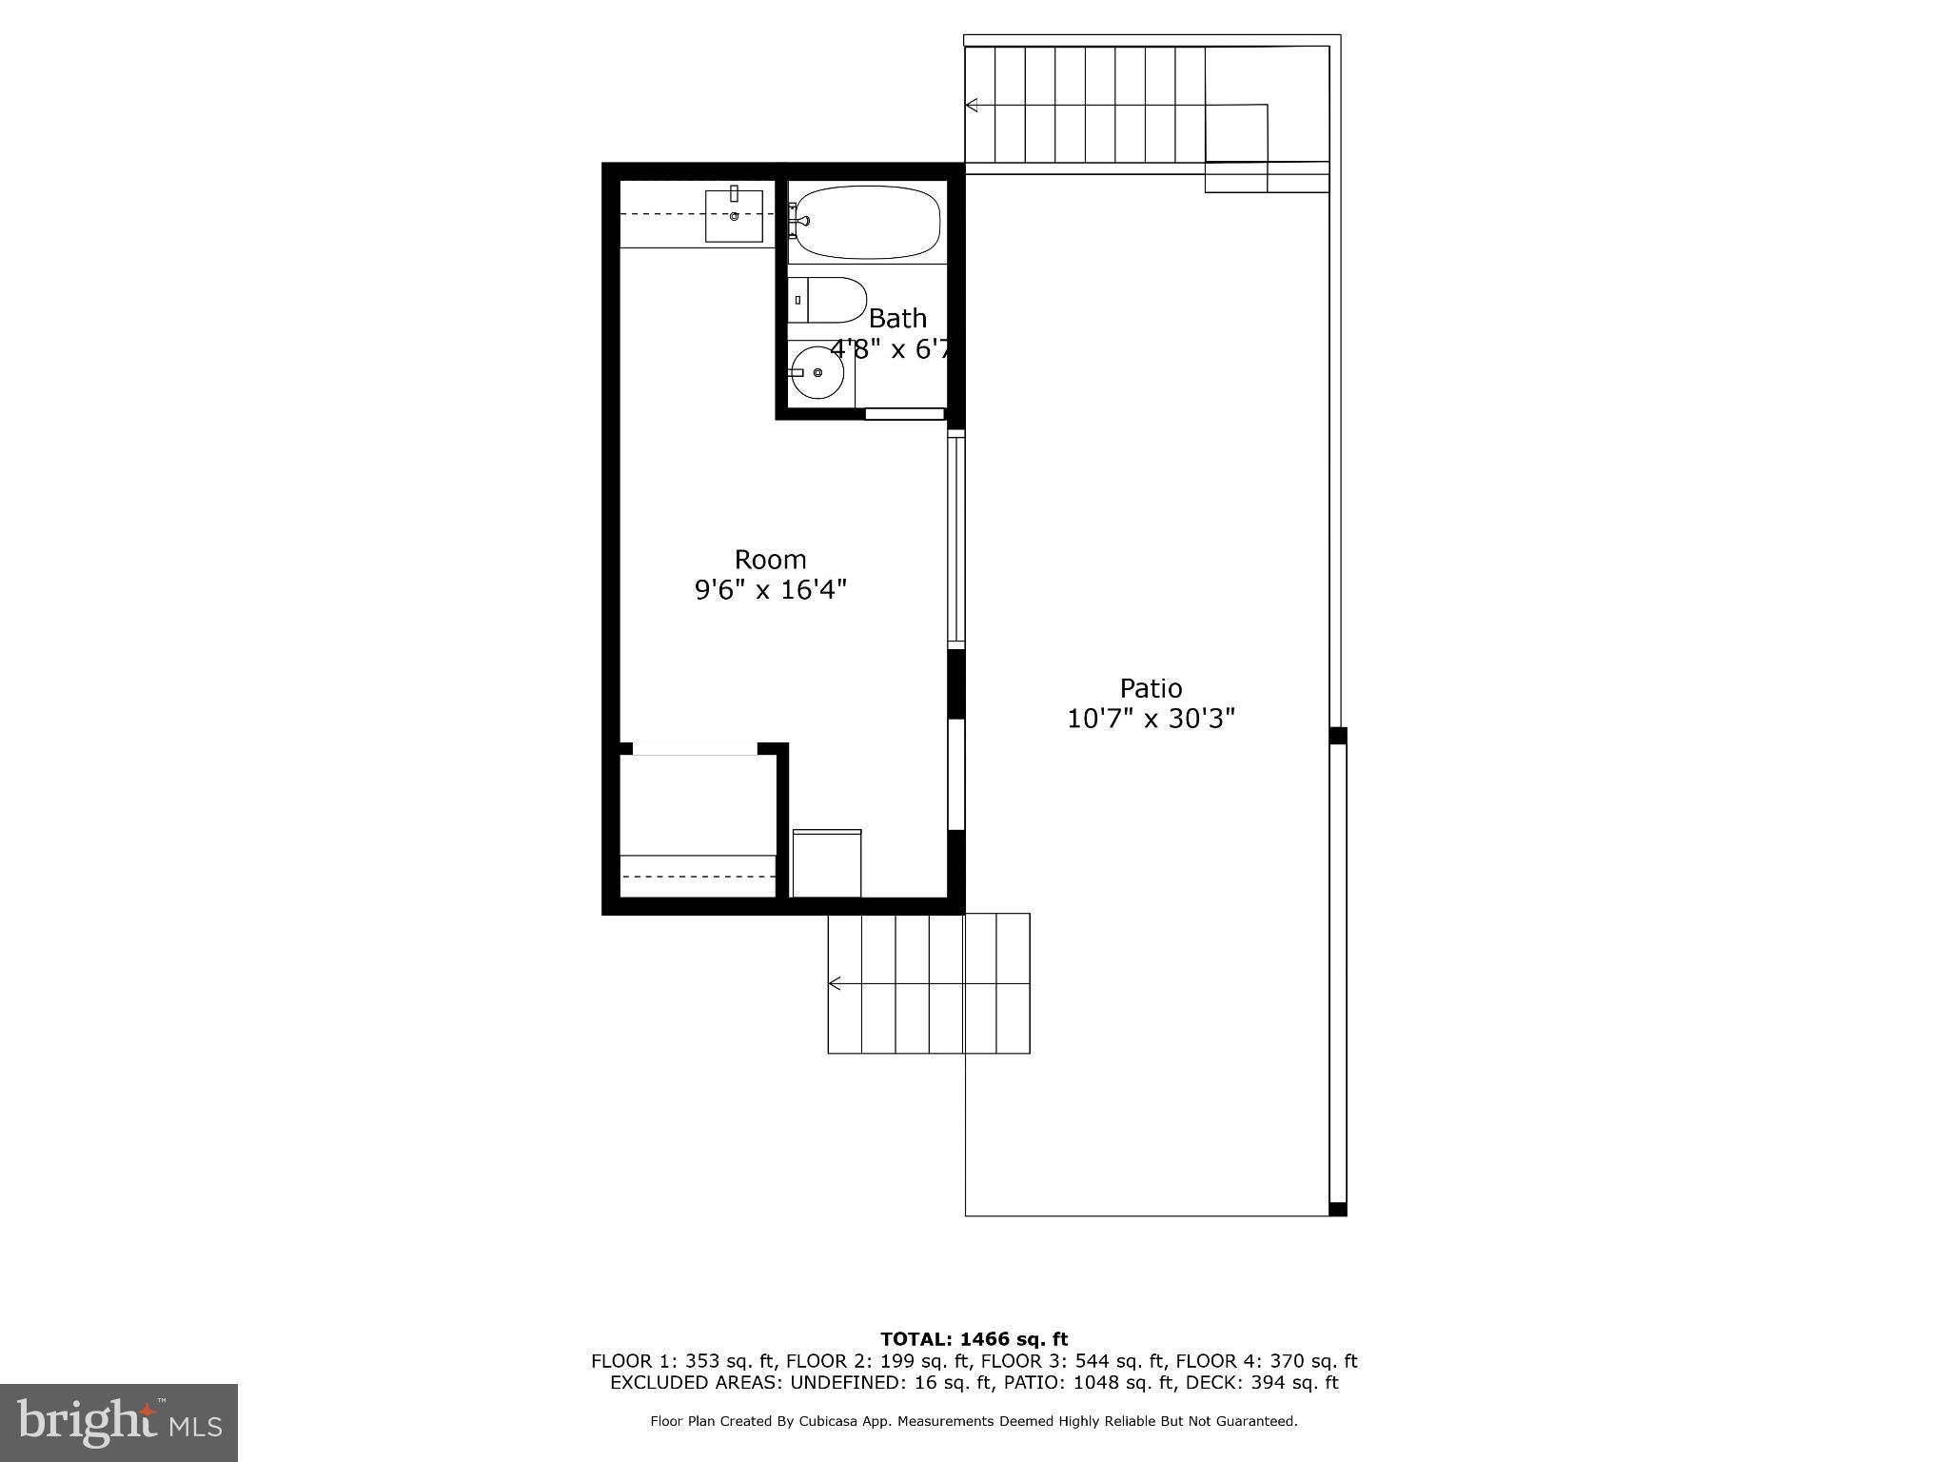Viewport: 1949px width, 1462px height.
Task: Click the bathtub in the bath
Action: click(867, 222)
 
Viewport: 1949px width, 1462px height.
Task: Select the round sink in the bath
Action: click(817, 372)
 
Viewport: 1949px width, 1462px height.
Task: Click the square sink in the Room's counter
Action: click(734, 216)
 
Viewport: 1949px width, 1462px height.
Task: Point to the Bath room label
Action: click(897, 318)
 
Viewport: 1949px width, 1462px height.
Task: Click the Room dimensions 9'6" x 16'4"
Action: click(770, 590)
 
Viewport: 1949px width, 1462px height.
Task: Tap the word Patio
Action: click(1151, 688)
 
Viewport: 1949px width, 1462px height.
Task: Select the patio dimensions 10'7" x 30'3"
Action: click(1151, 719)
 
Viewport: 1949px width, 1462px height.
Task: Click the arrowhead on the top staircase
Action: click(972, 105)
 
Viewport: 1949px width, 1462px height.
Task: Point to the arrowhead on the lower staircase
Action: click(835, 983)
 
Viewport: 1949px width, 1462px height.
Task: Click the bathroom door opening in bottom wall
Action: click(904, 414)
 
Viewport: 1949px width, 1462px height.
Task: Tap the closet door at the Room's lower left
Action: click(694, 749)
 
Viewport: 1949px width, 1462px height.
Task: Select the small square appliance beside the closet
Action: click(826, 863)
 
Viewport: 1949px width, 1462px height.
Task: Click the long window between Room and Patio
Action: click(956, 539)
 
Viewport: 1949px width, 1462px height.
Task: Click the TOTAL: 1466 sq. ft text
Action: click(974, 1339)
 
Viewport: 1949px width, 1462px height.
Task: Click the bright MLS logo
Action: click(119, 1423)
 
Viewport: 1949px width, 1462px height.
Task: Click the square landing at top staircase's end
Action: click(1236, 134)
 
